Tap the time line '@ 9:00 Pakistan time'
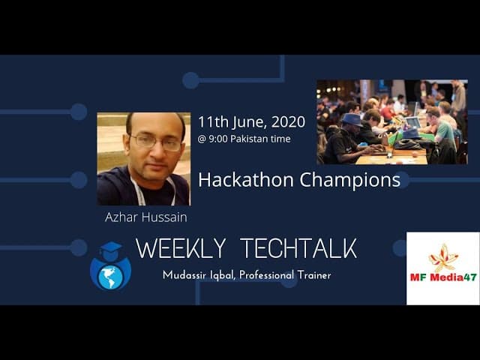[x=244, y=139]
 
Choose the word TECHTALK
[x=299, y=249]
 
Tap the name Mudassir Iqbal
[x=196, y=275]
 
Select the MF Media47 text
[x=443, y=277]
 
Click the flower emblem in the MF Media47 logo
[x=442, y=256]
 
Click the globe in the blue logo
[x=110, y=273]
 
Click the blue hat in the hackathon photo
[x=352, y=118]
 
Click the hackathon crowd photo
[x=391, y=121]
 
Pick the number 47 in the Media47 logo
[x=469, y=277]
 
